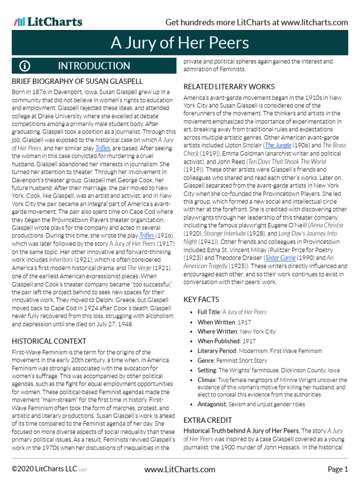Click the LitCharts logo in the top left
pos(48,22)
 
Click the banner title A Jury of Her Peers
pos(180,43)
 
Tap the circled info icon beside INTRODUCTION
pos(25,66)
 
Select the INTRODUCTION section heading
pos(94,66)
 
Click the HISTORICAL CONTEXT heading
pos(49,341)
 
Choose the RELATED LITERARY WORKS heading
pos(229,87)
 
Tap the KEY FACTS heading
pos(201,300)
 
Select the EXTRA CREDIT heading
pos(207,420)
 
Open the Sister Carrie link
pos(280,257)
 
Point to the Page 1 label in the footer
pos(337,469)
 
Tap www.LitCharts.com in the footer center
pos(180,469)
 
